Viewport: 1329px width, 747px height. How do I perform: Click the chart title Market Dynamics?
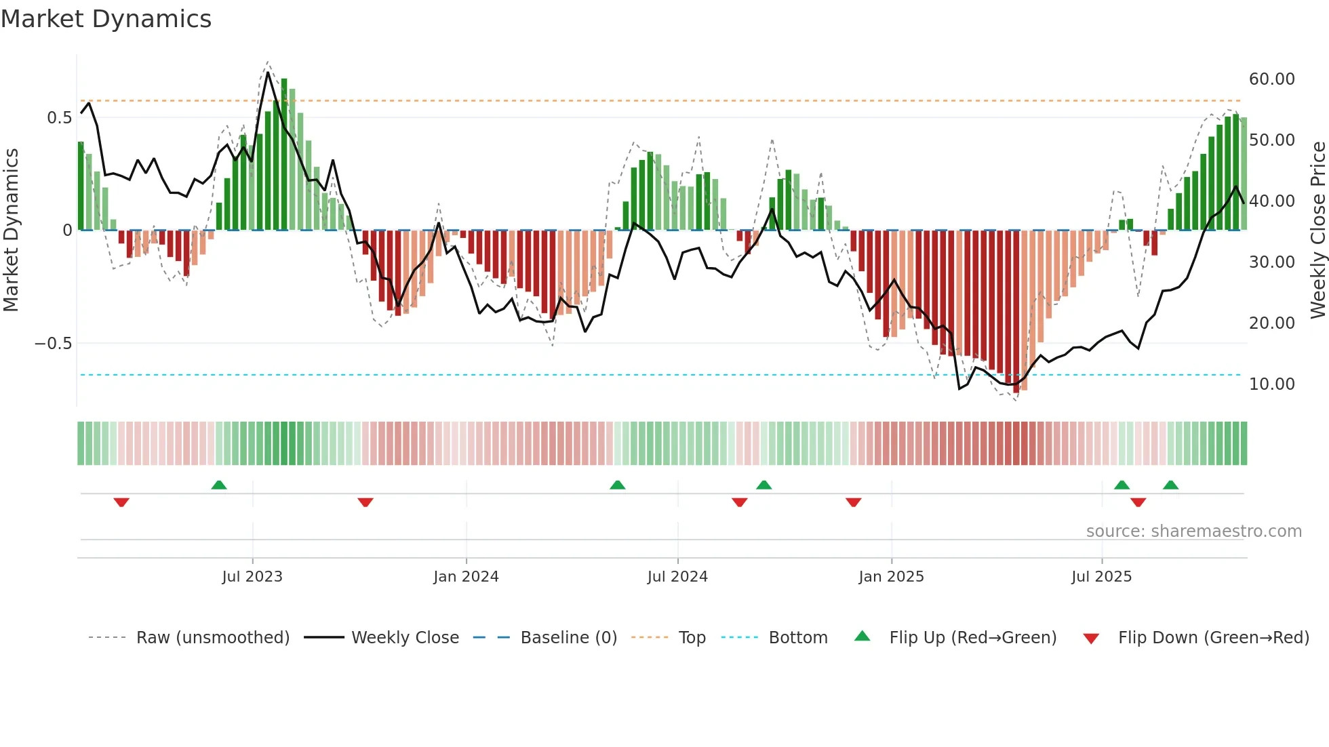(106, 19)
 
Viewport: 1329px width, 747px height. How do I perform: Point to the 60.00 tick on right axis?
(1271, 79)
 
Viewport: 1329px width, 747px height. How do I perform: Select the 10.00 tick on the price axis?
(1271, 384)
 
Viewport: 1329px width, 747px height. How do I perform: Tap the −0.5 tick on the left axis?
(53, 344)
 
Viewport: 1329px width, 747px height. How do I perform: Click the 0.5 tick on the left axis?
(59, 118)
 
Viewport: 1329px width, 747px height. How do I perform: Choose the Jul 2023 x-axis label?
(252, 577)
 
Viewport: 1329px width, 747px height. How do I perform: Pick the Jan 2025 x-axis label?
(890, 577)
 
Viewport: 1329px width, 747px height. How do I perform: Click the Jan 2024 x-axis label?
(466, 577)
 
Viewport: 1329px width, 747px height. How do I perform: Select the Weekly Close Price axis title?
(1317, 230)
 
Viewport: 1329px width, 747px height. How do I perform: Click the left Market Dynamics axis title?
(11, 230)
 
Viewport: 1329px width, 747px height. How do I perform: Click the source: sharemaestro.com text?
(1193, 531)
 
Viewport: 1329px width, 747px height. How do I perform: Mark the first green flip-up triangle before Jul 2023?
(218, 485)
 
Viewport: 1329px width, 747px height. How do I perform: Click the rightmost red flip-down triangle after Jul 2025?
(1138, 502)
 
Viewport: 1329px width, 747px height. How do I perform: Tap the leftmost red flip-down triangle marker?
(121, 502)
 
